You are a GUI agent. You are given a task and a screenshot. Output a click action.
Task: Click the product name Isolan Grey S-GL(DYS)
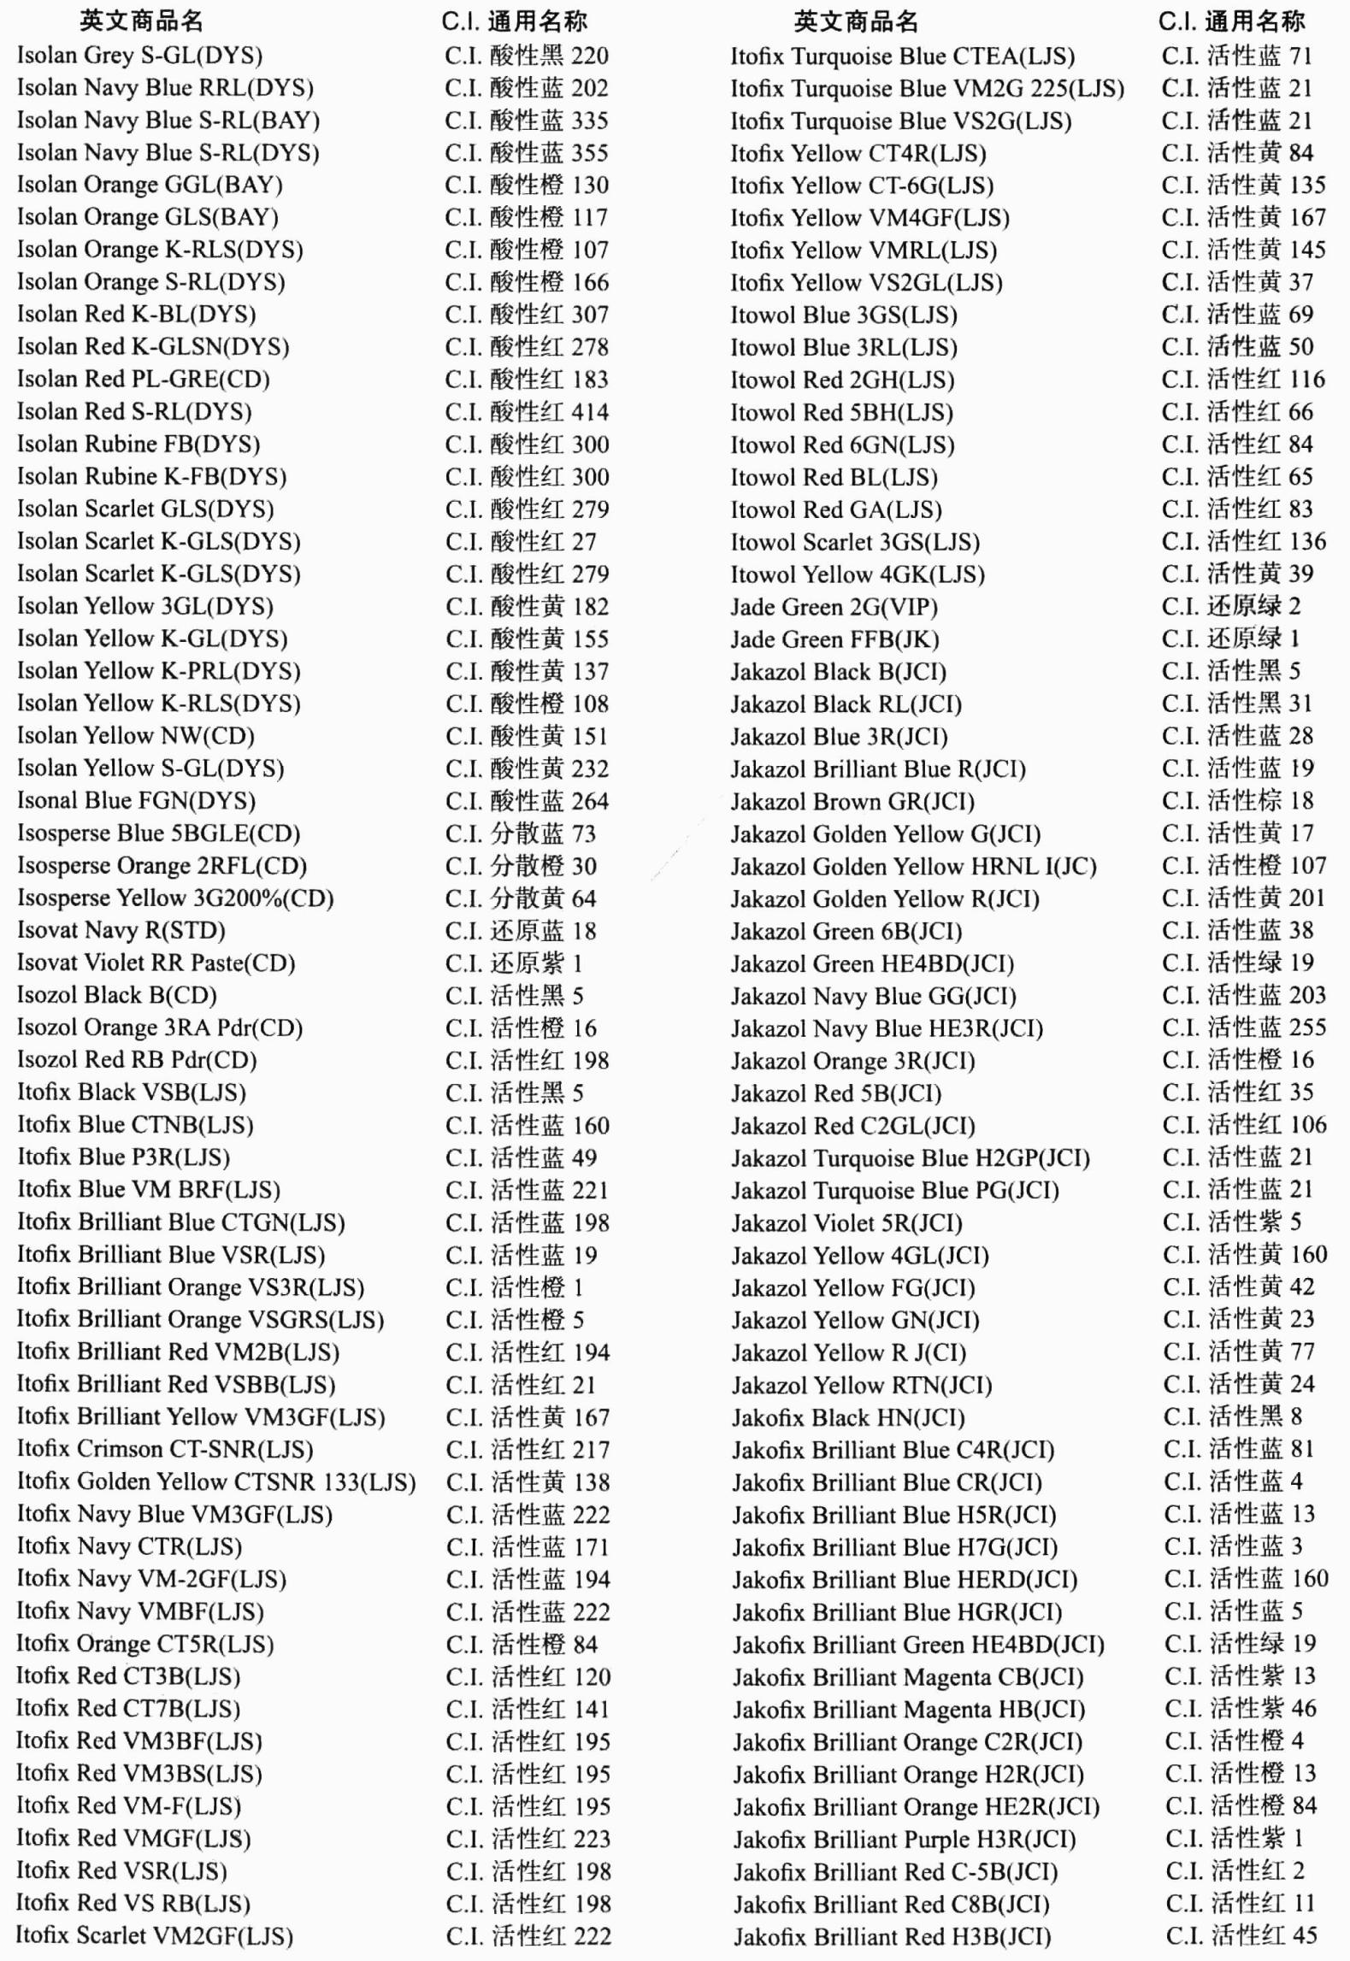[x=139, y=56]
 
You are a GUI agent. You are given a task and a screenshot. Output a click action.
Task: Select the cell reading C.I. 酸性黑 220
[x=527, y=56]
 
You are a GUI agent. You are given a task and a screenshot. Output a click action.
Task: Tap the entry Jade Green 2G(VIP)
[x=834, y=608]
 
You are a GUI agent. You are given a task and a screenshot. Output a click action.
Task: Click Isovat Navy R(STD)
[x=121, y=931]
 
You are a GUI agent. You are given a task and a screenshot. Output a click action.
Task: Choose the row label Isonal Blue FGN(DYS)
[x=136, y=801]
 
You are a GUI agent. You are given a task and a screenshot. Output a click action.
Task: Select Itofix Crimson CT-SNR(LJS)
[x=165, y=1450]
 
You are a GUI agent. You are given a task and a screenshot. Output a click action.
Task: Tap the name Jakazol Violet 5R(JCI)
[x=846, y=1223]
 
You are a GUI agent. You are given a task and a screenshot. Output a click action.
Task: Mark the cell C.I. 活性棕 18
[x=1237, y=801]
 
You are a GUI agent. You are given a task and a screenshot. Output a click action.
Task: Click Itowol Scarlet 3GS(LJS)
[x=855, y=543]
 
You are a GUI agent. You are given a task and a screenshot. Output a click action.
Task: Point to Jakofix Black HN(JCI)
[x=848, y=1418]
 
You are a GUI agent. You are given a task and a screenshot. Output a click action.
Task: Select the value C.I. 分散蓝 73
[x=521, y=833]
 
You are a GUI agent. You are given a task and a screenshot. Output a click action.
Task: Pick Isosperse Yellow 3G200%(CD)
[x=175, y=898]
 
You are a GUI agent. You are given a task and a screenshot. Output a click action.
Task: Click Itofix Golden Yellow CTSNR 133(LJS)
[x=216, y=1482]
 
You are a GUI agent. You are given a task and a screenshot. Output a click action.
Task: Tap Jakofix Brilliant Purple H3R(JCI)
[x=904, y=1840]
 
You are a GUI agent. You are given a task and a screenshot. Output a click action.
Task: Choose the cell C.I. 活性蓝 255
[x=1244, y=1028]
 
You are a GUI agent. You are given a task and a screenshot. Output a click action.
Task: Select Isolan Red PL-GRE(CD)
[x=143, y=380]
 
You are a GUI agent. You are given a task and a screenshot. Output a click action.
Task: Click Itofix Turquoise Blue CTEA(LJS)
[x=902, y=57]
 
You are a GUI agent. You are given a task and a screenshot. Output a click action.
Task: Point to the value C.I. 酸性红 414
[x=527, y=412]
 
